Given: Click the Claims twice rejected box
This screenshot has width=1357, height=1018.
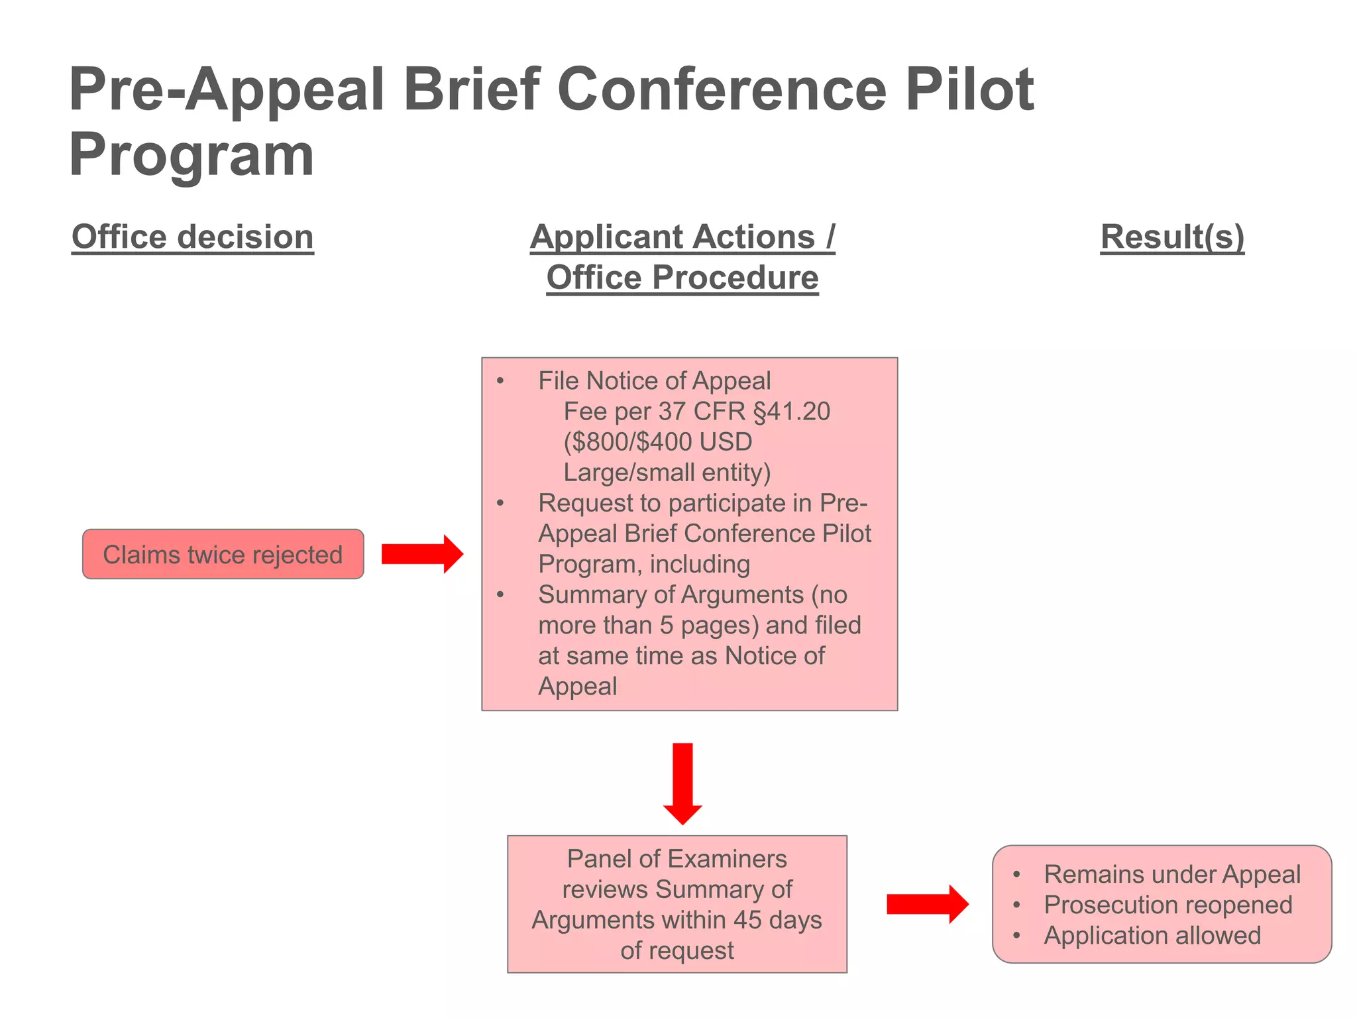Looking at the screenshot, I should point(223,554).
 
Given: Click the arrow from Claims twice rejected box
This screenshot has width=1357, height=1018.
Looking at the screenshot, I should point(421,554).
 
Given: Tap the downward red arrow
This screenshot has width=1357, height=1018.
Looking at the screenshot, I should point(682,783).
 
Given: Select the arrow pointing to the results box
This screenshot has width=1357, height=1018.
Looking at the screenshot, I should point(927,904).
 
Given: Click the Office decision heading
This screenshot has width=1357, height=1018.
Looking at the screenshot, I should point(192,237).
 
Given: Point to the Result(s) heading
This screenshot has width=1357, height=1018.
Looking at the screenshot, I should point(1172,237).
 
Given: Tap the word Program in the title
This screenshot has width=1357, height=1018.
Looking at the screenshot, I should point(191,155).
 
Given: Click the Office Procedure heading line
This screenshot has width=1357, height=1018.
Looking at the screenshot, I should point(682,278).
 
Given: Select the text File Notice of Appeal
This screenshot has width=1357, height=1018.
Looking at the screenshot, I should point(654,381).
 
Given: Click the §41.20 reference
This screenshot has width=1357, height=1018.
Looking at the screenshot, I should point(792,412).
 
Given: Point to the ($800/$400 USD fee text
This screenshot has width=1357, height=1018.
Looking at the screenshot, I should point(657,442).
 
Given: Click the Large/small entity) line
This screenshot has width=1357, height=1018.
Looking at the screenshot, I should point(667,473).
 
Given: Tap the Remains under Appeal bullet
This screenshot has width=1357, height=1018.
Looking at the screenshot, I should point(1171,874).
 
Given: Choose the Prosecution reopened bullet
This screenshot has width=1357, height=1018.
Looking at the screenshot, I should point(1167,905).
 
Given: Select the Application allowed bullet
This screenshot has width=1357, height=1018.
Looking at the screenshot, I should point(1152,935).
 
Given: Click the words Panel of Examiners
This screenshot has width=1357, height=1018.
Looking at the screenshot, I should point(677,859).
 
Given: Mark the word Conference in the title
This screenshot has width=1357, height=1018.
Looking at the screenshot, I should point(722,89).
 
